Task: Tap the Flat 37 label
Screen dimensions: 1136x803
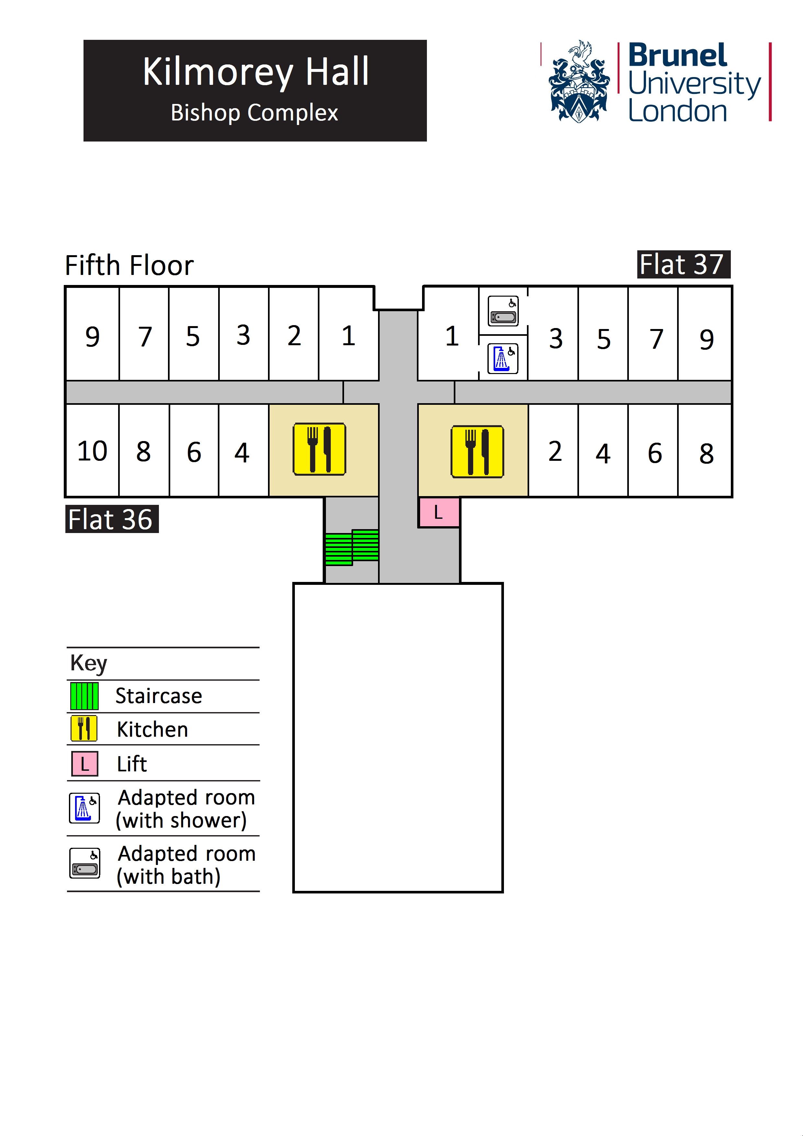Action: coord(683,265)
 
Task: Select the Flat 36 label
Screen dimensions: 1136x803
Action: coord(111,519)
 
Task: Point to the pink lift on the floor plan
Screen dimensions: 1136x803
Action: coord(439,512)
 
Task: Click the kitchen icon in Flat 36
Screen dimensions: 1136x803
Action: coord(319,449)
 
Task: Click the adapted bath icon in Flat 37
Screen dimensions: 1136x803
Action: coord(503,311)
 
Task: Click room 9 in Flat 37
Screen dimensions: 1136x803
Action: coord(706,339)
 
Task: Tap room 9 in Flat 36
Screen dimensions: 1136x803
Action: coord(93,337)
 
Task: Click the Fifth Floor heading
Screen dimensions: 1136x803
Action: coord(129,266)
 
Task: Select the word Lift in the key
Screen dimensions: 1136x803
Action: coord(131,764)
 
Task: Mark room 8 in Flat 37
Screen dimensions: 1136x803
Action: coord(706,453)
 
